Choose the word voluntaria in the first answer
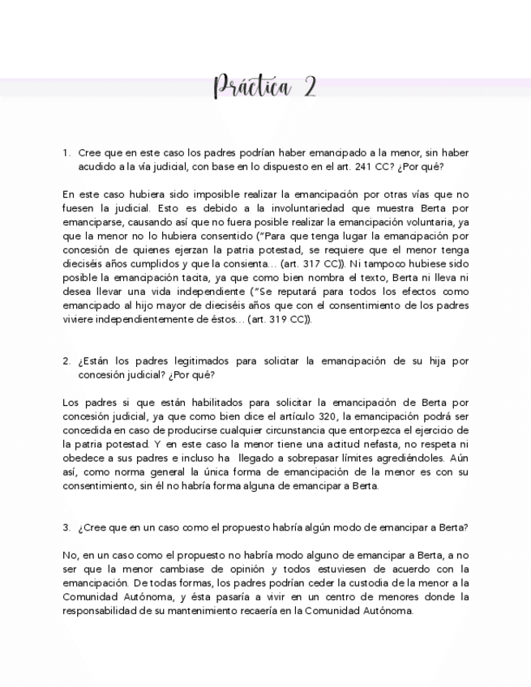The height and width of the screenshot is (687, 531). click(420, 221)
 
